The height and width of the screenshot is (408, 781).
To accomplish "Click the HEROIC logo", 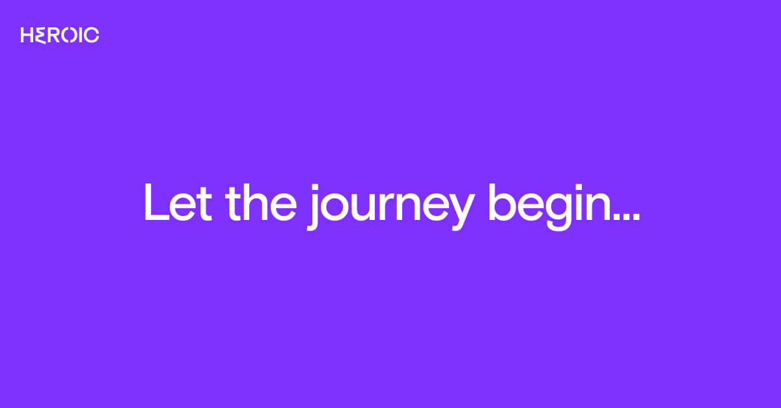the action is click(60, 35).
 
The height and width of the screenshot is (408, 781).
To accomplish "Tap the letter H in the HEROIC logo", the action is click(27, 35).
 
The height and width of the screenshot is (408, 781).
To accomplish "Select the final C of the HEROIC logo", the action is click(92, 35).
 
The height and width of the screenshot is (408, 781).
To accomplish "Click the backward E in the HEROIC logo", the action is click(41, 35).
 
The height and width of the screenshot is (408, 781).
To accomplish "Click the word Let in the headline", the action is click(178, 202).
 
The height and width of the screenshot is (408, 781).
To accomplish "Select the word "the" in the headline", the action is click(261, 202).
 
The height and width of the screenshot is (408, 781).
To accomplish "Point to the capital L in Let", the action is click(156, 202).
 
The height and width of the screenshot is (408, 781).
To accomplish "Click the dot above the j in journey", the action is click(315, 187).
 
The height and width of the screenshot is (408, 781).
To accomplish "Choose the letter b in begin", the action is click(502, 202).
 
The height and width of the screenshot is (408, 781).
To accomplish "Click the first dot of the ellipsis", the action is click(617, 216).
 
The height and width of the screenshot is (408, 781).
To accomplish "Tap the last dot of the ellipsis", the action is click(637, 216).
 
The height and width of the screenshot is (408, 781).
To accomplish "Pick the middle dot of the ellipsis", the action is click(627, 216).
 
